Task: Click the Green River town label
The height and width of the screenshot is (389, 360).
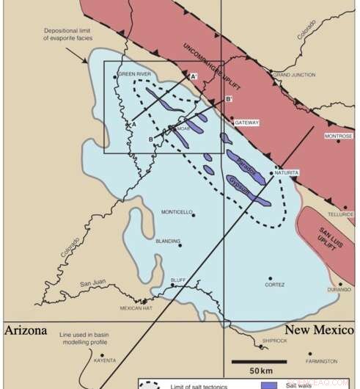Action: (136, 74)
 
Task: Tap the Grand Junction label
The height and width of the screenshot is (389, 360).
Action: (293, 74)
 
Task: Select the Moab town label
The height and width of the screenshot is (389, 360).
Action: (183, 128)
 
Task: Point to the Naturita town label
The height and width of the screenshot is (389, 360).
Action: (288, 172)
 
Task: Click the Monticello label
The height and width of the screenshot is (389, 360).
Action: (177, 212)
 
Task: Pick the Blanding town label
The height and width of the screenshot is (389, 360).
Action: (167, 240)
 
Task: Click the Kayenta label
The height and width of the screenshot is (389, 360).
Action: (105, 361)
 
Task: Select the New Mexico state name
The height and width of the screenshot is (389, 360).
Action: (317, 330)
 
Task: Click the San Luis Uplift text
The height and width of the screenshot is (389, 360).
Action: (328, 236)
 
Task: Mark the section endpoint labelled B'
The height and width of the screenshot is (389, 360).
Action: (229, 99)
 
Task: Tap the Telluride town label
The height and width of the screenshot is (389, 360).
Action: (340, 214)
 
